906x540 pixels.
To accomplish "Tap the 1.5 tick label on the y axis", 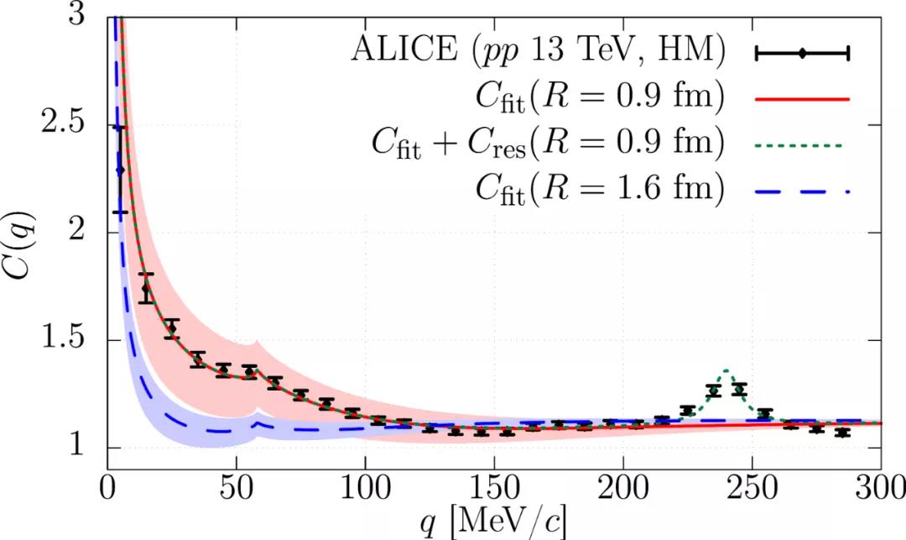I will click(62, 340).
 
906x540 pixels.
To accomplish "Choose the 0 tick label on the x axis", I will click(107, 490).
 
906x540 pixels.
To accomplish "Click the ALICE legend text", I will click(536, 52).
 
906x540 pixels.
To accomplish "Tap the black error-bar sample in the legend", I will click(803, 54).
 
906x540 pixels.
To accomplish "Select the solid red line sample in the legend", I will click(803, 99).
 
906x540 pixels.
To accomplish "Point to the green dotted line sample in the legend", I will click(803, 144).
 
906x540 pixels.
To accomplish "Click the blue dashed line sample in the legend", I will click(803, 191).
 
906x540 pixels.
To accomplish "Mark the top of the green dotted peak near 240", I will click(726, 370).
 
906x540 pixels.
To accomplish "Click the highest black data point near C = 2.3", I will click(120, 170).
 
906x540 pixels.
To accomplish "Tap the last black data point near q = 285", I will click(843, 433).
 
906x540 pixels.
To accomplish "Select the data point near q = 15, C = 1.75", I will click(146, 289).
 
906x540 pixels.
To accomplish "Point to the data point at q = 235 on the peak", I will click(714, 390).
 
